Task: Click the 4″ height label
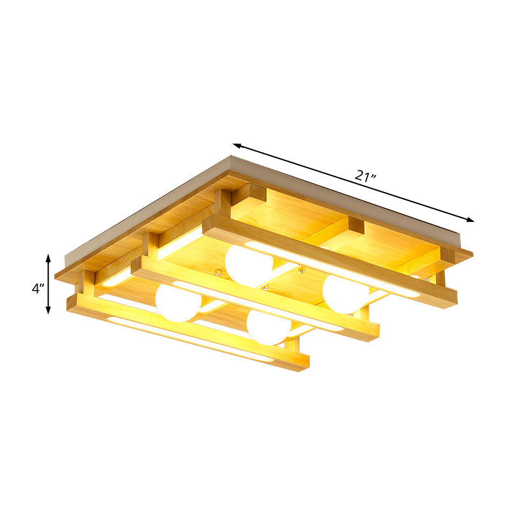click(38, 288)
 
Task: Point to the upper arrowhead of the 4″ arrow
click(48, 256)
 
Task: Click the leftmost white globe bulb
click(178, 302)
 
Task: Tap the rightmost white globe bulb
click(345, 293)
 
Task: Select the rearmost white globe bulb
click(249, 265)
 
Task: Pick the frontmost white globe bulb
click(269, 326)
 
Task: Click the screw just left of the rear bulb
click(219, 274)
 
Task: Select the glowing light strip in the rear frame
click(332, 268)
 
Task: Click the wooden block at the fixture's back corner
click(249, 194)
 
